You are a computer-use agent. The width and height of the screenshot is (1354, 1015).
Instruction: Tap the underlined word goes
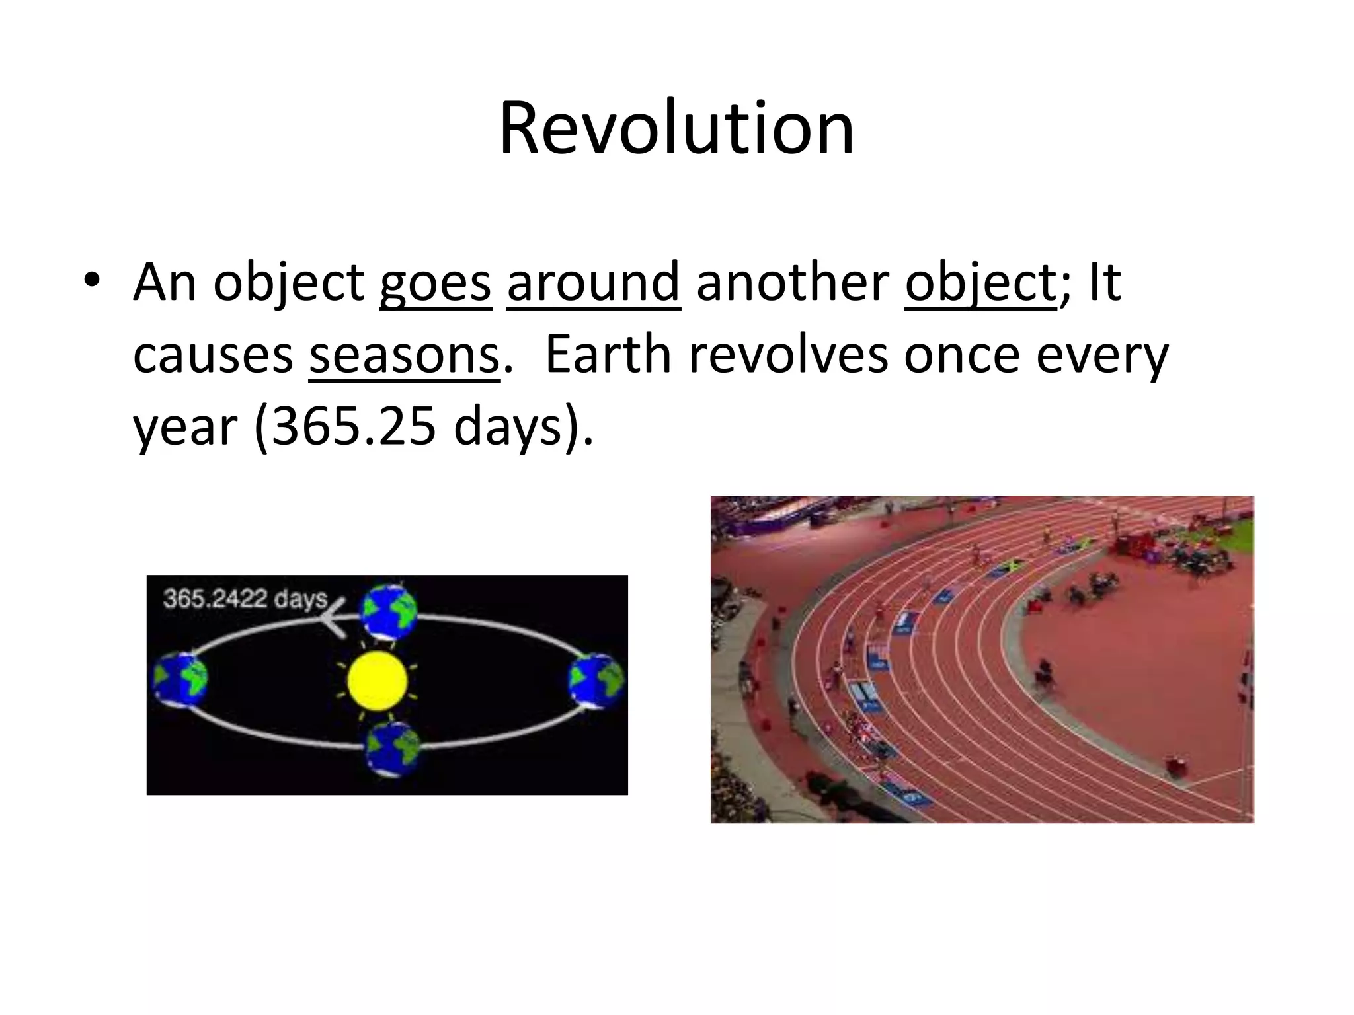tap(435, 283)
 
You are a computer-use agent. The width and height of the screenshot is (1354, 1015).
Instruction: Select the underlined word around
tap(593, 283)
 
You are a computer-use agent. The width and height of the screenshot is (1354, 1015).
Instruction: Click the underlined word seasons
tap(403, 356)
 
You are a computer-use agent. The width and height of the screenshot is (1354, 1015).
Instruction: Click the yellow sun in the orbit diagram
tap(377, 681)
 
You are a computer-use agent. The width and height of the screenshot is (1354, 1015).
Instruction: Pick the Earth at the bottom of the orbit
tap(393, 748)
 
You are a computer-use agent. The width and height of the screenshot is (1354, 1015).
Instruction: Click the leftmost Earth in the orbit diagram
tap(180, 679)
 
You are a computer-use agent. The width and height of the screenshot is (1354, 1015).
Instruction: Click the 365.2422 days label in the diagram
tap(245, 599)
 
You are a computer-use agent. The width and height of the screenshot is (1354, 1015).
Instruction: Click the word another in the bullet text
tap(792, 283)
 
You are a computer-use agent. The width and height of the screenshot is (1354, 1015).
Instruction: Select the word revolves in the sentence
tap(788, 356)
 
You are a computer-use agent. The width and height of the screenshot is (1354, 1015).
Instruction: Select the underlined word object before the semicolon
tap(980, 283)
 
